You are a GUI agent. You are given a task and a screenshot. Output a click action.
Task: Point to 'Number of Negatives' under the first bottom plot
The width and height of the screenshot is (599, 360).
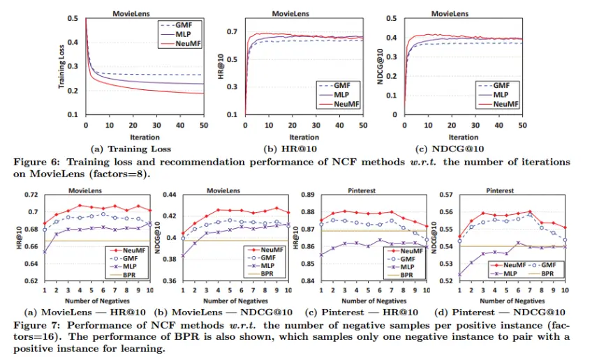94,301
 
